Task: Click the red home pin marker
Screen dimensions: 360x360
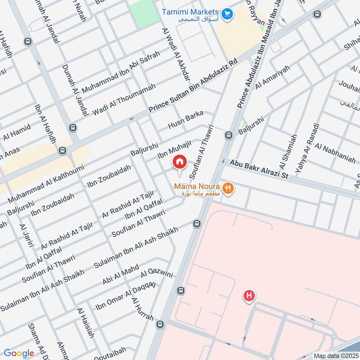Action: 180,162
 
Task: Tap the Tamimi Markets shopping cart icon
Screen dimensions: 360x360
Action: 228,13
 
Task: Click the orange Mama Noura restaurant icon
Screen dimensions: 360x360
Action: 229,188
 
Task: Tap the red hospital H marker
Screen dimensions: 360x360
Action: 248,296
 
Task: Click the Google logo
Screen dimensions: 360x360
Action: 19,353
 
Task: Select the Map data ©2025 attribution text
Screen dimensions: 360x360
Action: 336,356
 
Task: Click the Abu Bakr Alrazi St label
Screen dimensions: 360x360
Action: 259,168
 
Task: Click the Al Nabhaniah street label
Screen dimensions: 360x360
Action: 335,153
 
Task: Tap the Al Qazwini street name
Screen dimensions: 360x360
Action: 157,269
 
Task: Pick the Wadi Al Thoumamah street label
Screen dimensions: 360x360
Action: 124,99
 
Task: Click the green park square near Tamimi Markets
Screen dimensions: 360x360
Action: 145,13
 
